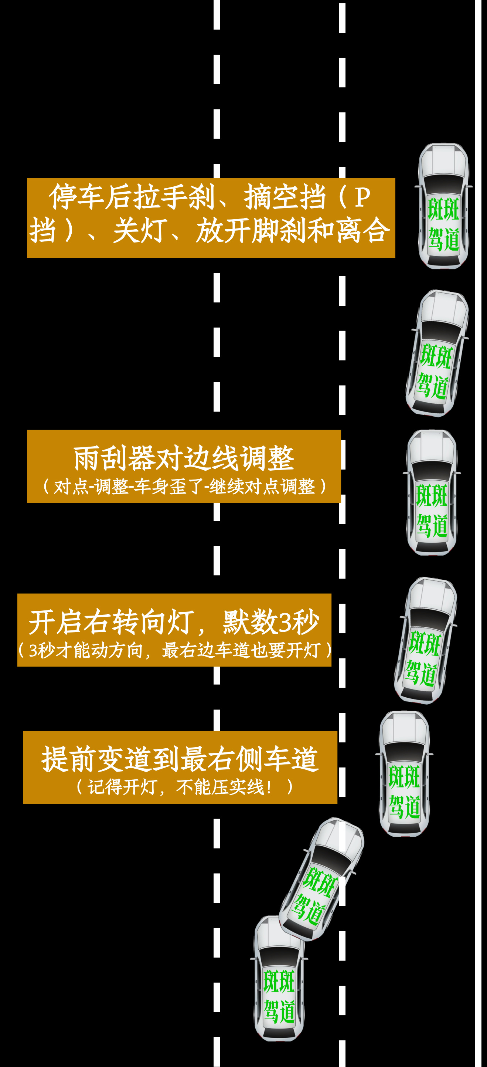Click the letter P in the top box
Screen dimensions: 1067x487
[x=362, y=197]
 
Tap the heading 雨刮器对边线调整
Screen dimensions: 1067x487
[x=184, y=458]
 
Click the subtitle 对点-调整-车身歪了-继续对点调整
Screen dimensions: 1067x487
[x=184, y=486]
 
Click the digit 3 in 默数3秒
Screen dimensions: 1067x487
[x=285, y=622]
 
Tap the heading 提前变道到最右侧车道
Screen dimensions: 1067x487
[x=180, y=759]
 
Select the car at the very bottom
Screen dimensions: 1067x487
[x=279, y=978]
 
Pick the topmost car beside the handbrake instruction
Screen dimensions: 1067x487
[x=443, y=206]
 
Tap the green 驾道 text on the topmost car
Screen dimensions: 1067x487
[x=443, y=240]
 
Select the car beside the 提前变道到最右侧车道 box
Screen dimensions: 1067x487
[x=404, y=773]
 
